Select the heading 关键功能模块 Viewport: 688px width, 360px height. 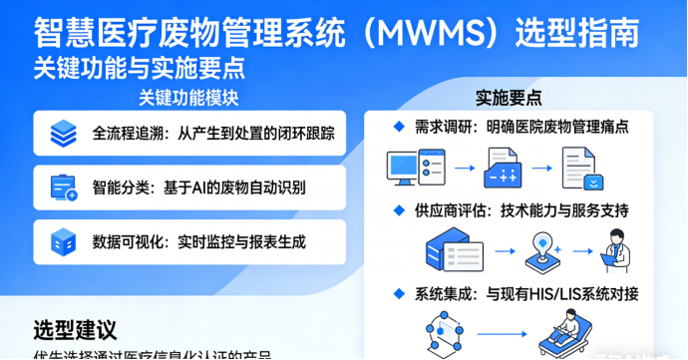(188, 99)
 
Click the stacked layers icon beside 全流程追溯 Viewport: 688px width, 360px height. (64, 133)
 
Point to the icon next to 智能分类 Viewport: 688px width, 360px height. (64, 186)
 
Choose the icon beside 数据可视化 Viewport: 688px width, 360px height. (64, 240)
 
